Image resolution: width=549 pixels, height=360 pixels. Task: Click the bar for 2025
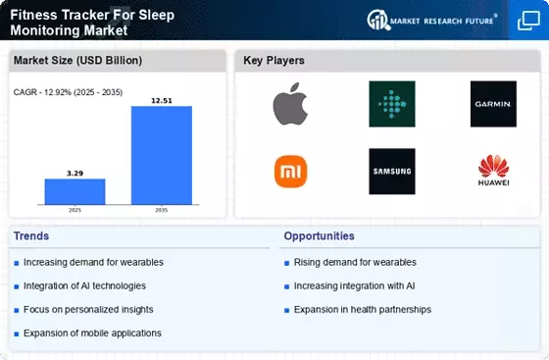point(75,191)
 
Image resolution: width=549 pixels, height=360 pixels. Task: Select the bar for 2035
point(162,155)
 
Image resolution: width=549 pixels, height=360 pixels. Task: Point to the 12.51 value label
point(162,101)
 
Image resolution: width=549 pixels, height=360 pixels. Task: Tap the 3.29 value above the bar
point(75,174)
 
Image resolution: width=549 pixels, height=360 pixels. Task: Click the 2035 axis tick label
point(162,210)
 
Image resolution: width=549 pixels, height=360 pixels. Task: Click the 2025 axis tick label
point(75,210)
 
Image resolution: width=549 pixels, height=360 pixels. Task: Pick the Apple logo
point(290,104)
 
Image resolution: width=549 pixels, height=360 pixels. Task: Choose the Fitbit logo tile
point(392,104)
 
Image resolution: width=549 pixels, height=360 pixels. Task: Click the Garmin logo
point(493,104)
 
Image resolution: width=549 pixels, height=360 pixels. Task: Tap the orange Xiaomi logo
point(290,172)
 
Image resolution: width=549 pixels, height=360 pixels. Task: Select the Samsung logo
point(392,172)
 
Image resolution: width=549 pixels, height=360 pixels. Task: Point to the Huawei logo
point(494,171)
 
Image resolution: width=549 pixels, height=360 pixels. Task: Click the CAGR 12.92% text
point(68,92)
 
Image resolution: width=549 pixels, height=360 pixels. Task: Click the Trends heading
point(31,236)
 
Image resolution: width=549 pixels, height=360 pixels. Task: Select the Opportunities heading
point(319,236)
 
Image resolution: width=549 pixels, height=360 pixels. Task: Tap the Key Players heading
point(274,60)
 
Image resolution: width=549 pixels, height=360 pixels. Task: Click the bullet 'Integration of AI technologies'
point(84,286)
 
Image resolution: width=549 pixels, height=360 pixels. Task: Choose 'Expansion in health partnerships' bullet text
point(363,310)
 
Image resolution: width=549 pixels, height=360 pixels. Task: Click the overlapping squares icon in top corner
point(528,21)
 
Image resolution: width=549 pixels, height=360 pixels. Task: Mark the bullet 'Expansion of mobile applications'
point(92,334)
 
